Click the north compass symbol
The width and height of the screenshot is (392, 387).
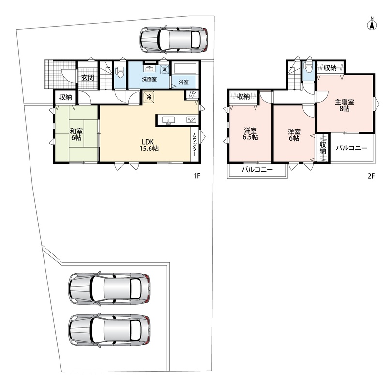372,25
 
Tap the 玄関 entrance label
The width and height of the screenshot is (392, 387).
88,78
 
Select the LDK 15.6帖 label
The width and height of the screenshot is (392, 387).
149,145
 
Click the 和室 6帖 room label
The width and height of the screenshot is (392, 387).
76,134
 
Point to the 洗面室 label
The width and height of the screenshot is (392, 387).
149,79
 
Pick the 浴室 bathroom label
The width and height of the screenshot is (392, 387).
184,82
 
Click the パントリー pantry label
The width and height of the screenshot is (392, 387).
193,94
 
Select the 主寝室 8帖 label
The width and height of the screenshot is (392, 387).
345,105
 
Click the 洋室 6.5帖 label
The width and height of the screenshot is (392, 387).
250,134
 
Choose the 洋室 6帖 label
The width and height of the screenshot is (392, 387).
294,135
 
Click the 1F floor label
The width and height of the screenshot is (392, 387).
197,176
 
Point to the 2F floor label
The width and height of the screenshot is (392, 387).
371,176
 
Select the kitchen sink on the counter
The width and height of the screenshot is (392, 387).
168,120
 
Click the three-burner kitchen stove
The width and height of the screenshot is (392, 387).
191,119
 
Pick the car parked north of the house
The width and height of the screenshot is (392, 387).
174,40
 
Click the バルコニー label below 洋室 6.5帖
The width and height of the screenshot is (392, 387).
257,170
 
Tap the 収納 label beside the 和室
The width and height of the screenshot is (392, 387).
65,97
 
